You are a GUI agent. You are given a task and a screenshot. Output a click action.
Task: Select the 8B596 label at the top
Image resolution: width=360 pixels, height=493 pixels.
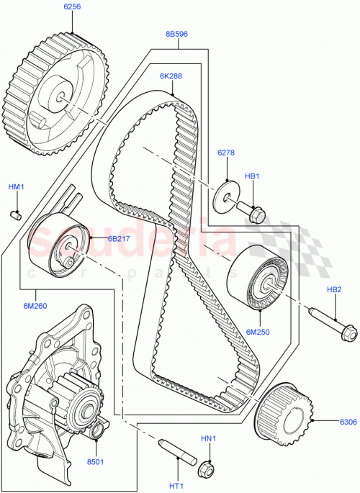pos(176,33)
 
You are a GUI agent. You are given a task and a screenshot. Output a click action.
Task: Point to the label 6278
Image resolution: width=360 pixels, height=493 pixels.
pos(228,153)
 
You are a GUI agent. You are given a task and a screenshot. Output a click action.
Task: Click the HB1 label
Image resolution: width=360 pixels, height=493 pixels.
pos(252,176)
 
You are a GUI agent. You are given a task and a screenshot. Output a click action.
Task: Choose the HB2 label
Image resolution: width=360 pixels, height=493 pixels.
pos(333,290)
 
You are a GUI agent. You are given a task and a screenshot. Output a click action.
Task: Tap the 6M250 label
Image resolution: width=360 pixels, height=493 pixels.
pos(256,332)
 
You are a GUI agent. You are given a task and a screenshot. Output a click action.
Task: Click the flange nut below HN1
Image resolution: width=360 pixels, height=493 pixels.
pos(207,467)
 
